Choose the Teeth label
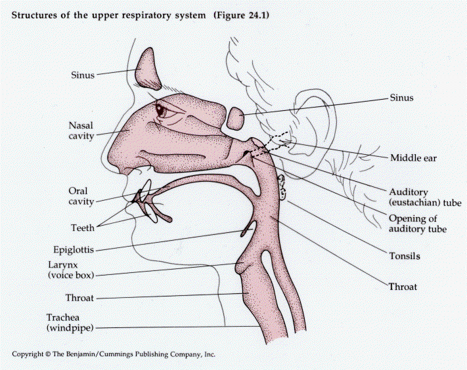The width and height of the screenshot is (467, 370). click(x=83, y=228)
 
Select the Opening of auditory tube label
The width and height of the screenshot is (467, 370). click(x=418, y=224)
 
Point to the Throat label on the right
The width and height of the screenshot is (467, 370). click(x=403, y=287)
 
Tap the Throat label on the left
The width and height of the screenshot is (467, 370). click(x=80, y=298)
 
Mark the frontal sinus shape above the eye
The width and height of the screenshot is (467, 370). click(x=148, y=68)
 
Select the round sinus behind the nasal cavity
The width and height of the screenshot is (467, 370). click(x=235, y=119)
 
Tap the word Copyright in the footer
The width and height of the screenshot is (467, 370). click(x=29, y=354)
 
